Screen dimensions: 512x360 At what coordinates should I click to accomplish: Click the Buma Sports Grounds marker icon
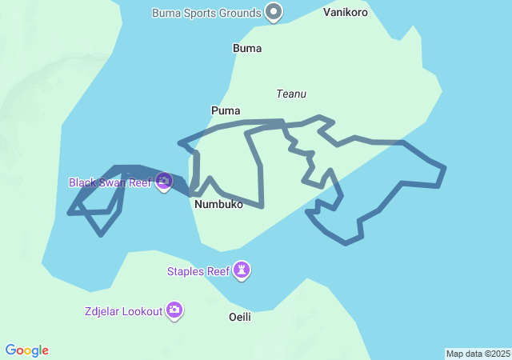(274, 12)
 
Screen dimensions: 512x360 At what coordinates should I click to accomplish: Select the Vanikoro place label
(346, 13)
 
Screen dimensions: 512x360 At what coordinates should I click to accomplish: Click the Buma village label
(247, 48)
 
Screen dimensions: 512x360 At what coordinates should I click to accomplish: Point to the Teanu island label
(291, 94)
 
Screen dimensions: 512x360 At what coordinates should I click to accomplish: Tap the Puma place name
(226, 110)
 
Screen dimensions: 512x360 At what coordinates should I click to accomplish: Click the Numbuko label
(218, 204)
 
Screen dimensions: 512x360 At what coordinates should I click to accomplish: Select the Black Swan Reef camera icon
(164, 182)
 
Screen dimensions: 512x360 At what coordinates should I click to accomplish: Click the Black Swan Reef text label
(110, 182)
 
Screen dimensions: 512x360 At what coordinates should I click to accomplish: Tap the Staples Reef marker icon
(242, 271)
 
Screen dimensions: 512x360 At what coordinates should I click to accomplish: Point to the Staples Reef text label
(198, 271)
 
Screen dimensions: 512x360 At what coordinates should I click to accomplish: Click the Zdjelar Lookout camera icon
(174, 310)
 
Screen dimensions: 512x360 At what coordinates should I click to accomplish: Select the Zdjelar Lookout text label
(123, 310)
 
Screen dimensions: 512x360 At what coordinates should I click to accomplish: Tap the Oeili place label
(240, 317)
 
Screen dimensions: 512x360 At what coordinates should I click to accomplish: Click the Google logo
(27, 350)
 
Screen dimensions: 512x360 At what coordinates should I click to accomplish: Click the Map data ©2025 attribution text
(478, 354)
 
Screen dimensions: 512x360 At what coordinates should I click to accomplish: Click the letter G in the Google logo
(11, 350)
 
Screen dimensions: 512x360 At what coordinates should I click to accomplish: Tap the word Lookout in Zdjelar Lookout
(142, 310)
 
